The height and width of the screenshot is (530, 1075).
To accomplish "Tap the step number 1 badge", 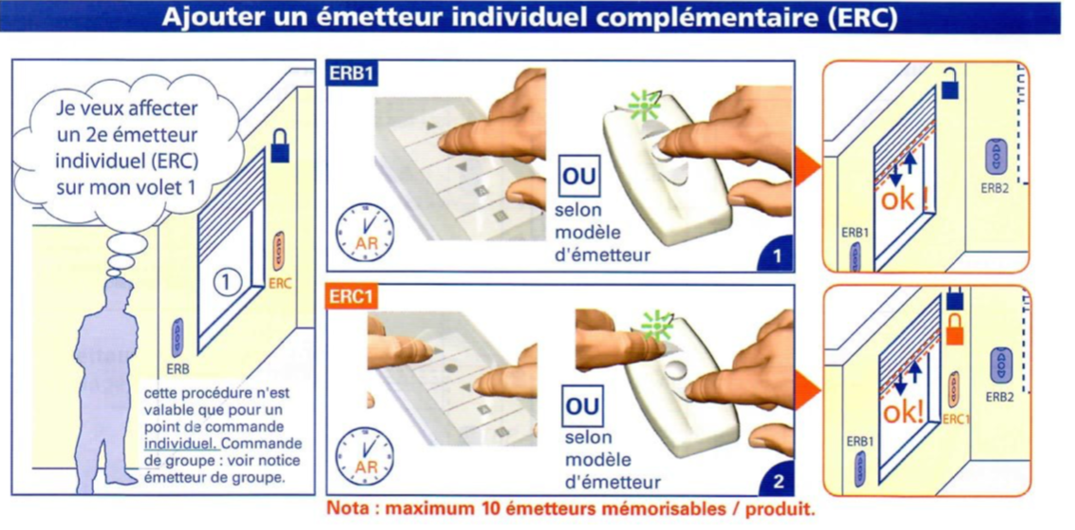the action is [777, 257].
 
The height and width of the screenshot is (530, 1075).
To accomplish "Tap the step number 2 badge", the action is [778, 482].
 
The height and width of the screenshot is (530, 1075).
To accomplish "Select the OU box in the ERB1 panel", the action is [579, 178].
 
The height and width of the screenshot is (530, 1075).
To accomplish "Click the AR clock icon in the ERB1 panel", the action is [364, 231].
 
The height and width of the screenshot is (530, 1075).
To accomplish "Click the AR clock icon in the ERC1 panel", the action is [364, 455].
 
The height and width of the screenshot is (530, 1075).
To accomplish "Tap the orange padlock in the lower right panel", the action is [953, 329].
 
